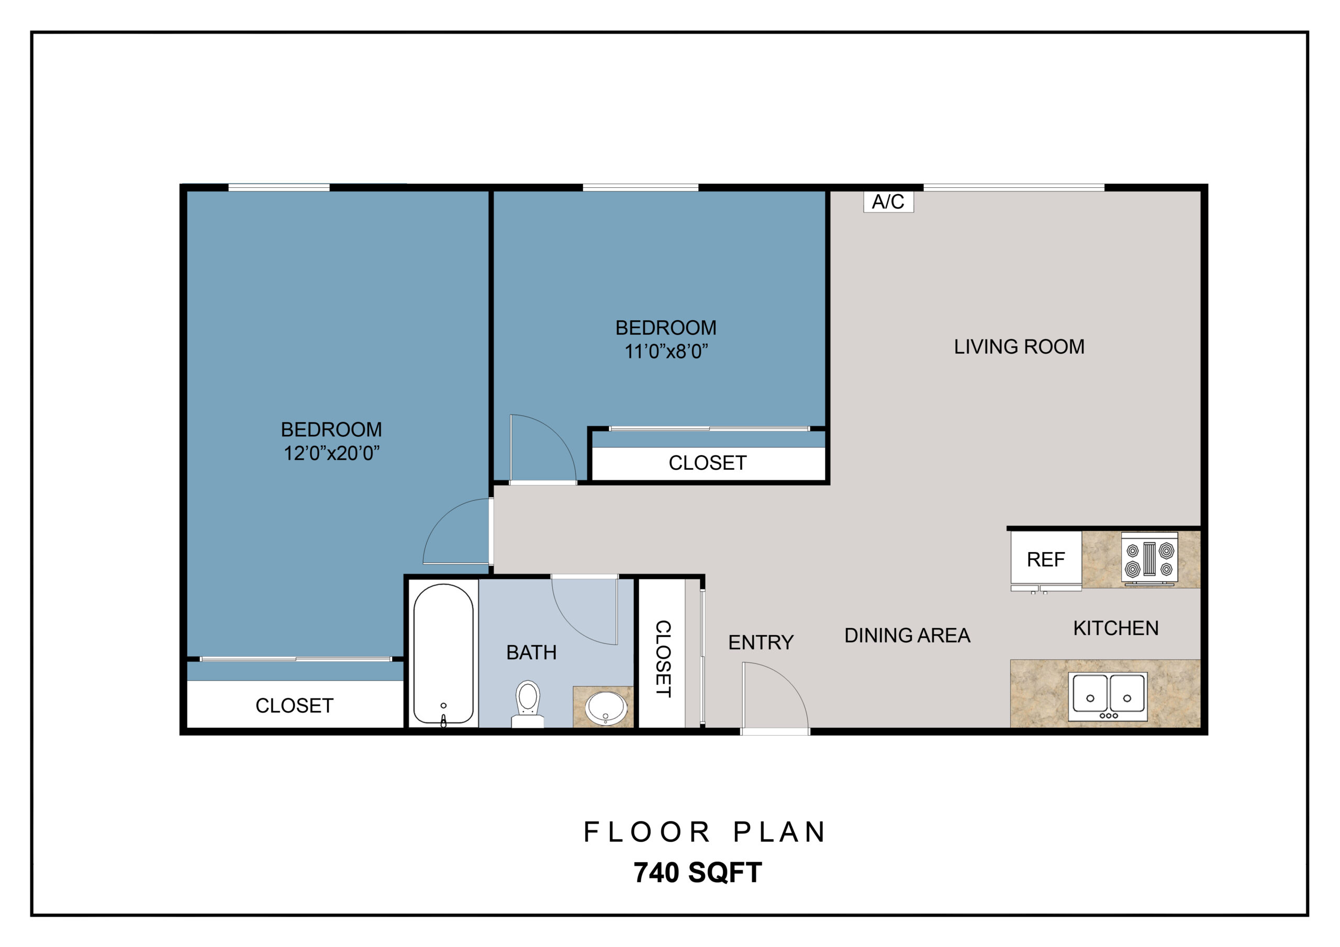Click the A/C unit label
(x=888, y=202)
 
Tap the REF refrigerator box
(x=1046, y=559)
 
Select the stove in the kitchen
(x=1149, y=559)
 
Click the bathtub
(x=443, y=654)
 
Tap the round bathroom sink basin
(x=606, y=708)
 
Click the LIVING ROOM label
(x=1019, y=346)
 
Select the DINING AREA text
(x=907, y=635)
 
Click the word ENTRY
(x=761, y=642)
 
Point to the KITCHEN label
(x=1116, y=628)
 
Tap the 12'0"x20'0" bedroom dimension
(x=331, y=454)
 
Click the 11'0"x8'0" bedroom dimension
(x=666, y=352)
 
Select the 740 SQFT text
(x=698, y=873)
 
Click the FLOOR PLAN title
(x=705, y=832)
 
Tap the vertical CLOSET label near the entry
(x=663, y=658)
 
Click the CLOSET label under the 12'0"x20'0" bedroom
(x=294, y=706)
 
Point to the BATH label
(x=531, y=652)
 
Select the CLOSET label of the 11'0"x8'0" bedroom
(x=707, y=463)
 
